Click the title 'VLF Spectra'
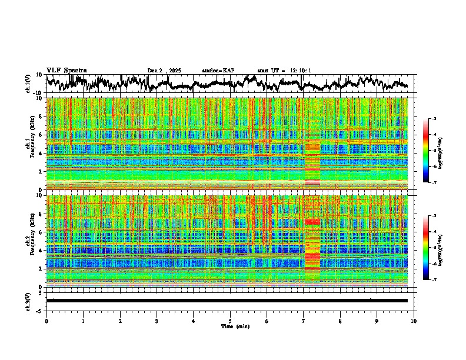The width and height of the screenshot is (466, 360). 66,70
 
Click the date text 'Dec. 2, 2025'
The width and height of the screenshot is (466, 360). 164,71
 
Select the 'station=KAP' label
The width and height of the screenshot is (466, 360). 218,71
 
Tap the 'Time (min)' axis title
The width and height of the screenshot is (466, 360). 230,326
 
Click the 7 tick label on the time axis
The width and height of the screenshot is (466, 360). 304,321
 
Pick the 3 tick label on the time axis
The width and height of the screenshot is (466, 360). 157,321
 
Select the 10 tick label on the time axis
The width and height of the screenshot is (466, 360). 414,321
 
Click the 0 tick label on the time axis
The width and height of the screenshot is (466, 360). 46,321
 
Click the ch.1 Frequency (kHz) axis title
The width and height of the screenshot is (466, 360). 30,144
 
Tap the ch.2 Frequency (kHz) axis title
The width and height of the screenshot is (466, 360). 30,241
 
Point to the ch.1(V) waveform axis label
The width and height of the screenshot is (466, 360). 28,84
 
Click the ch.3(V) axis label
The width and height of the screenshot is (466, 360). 28,301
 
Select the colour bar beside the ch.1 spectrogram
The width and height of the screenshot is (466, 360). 432,151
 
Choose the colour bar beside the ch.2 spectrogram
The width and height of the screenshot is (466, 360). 432,248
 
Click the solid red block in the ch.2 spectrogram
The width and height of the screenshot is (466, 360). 312,222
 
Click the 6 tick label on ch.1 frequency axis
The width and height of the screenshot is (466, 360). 42,135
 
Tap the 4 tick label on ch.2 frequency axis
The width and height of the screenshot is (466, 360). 42,251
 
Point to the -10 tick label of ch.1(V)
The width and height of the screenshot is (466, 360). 38,93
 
